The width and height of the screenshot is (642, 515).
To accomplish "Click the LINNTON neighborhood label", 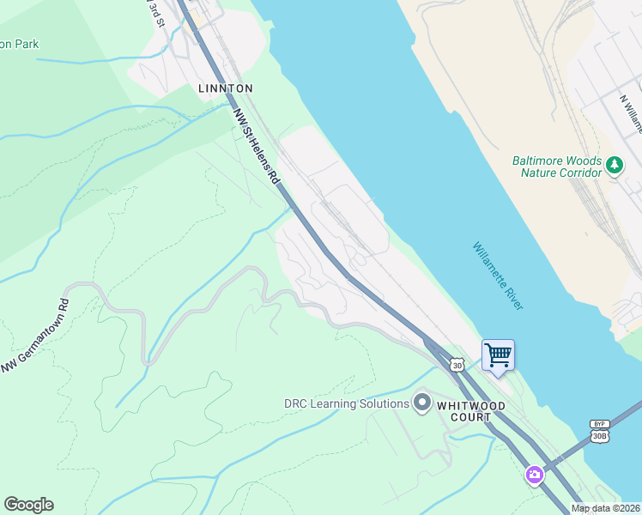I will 226,88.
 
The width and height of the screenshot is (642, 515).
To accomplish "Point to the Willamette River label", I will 498,276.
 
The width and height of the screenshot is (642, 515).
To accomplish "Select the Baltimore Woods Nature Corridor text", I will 557,167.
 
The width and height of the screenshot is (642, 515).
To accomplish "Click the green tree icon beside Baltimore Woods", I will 615,165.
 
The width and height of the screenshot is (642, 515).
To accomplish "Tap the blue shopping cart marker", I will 498,355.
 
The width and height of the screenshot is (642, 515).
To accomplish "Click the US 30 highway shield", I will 457,365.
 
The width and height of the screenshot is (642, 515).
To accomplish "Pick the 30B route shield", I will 599,436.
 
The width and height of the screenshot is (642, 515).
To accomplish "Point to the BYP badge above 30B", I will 599,424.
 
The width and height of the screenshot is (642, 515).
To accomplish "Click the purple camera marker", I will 535,475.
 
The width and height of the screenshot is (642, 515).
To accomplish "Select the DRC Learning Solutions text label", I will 347,403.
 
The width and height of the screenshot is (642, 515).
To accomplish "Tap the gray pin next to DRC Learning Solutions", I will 422,403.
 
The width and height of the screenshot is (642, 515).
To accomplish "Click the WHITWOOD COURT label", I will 470,411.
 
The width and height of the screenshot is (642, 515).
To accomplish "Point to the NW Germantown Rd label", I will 35,336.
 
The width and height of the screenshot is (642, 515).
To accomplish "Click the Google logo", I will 28,505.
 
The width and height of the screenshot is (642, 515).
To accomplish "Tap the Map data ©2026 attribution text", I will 605,508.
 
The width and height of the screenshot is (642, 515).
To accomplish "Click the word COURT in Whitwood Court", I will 470,418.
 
